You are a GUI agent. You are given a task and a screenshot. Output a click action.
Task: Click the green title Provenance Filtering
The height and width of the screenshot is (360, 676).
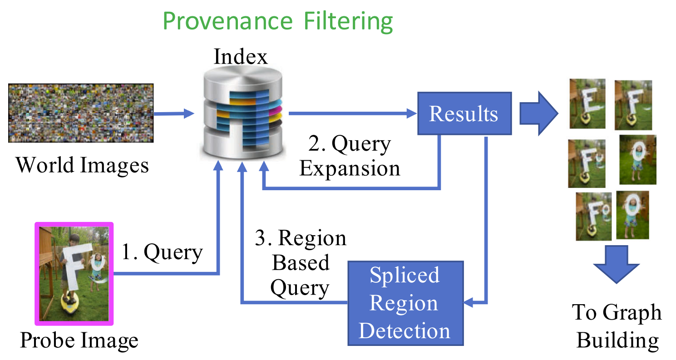[x=278, y=21]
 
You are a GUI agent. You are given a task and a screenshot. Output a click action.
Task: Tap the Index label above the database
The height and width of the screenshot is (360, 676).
[x=241, y=56]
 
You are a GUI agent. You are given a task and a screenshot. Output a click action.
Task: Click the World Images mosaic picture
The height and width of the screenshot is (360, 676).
[x=81, y=113]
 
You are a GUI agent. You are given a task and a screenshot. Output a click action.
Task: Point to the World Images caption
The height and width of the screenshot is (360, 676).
[x=82, y=165]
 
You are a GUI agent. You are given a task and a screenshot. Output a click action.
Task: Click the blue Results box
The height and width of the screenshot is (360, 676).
[x=464, y=113]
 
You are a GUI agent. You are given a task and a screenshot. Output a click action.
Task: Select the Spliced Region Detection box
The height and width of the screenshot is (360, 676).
[x=405, y=303]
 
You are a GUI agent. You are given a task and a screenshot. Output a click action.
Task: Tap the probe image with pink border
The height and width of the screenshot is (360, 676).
[x=74, y=274]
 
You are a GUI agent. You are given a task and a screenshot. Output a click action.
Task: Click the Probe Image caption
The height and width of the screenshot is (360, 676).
[x=79, y=340]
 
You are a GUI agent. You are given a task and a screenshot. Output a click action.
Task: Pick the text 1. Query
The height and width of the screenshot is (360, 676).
[x=162, y=252]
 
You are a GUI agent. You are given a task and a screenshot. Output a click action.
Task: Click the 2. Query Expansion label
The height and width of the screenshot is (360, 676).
[x=350, y=156]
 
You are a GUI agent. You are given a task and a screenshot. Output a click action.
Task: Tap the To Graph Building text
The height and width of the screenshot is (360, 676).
[x=617, y=326]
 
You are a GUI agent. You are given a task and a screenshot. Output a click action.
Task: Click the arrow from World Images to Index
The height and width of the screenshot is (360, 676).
[x=174, y=114]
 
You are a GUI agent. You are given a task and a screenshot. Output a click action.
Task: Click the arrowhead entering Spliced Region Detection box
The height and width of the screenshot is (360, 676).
[x=469, y=302]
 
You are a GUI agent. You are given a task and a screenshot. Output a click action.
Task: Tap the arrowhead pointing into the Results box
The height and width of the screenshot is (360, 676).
[x=412, y=113]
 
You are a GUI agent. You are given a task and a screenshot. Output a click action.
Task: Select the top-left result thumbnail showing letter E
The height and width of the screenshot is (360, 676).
[x=587, y=104]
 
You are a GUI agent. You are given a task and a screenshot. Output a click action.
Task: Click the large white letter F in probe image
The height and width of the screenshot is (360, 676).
[x=74, y=265]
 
